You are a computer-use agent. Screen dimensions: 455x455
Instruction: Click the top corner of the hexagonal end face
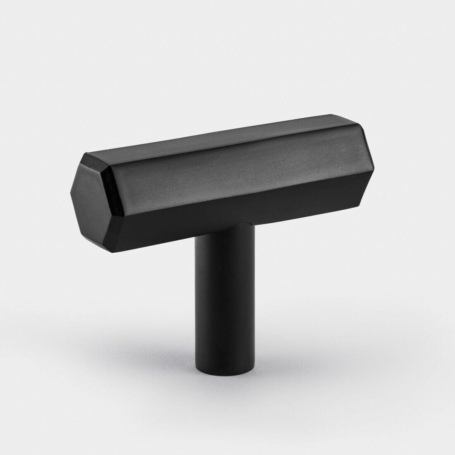(x=86, y=154)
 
